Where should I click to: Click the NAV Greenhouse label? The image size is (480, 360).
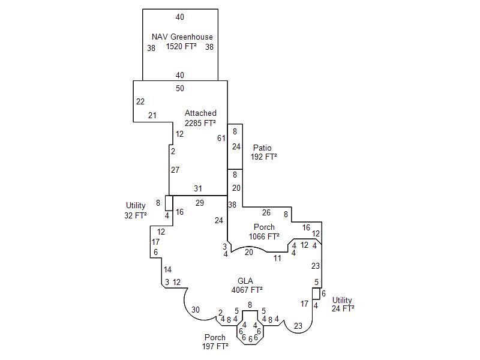(182, 37)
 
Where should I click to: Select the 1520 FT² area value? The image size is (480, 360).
(182, 46)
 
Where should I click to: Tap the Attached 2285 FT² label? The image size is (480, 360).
(200, 118)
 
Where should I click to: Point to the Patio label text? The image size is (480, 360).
(262, 148)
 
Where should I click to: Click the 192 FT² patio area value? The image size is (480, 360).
(264, 157)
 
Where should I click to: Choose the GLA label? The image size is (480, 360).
(245, 281)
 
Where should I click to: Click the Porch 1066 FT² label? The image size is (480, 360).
(264, 232)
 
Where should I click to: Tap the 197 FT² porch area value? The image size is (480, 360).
(215, 346)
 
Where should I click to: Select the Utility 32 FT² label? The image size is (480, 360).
(136, 210)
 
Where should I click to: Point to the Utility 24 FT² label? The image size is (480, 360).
(343, 304)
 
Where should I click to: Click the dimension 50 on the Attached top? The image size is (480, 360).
(180, 88)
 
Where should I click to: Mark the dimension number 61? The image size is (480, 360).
(221, 138)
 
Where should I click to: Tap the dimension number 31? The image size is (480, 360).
(198, 188)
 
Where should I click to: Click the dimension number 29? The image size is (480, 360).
(200, 203)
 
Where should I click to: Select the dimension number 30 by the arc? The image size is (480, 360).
(196, 310)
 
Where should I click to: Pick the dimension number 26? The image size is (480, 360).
(266, 212)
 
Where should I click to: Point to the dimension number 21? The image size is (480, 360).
(152, 115)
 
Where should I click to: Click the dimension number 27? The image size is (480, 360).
(175, 170)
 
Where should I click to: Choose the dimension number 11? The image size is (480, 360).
(277, 258)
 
